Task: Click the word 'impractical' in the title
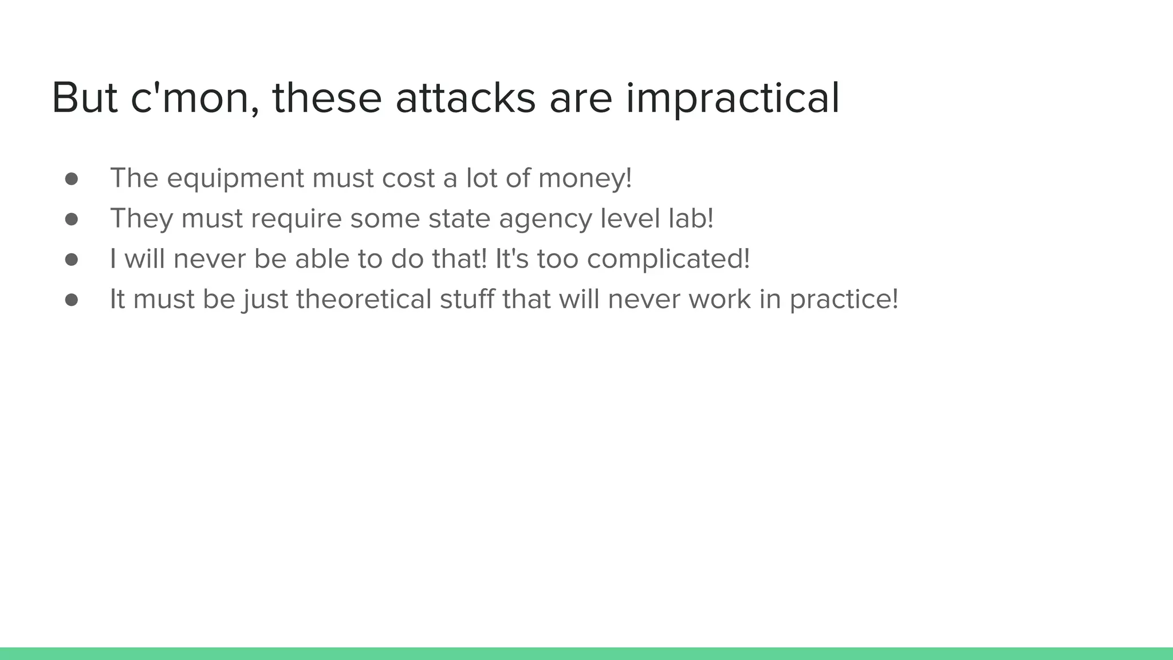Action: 733,99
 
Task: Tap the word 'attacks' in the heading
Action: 465,99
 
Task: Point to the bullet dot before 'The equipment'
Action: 72,179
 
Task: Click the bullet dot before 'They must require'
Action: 72,219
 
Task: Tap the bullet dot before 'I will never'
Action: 72,260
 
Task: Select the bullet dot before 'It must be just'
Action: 72,300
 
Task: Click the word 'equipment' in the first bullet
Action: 235,179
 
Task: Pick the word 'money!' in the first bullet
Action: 585,179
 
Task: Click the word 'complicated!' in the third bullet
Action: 668,260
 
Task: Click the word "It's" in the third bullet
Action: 511,259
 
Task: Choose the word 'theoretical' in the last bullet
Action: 364,299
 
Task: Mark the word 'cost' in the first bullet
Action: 408,179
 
